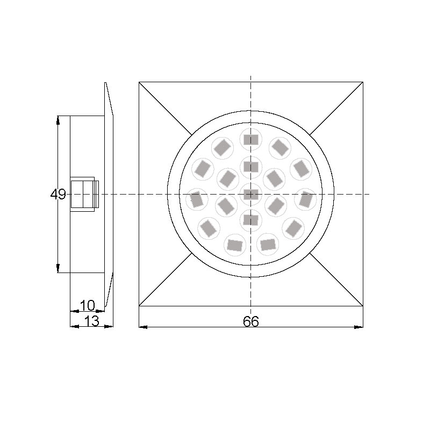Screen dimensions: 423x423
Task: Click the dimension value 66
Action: [x=250, y=321]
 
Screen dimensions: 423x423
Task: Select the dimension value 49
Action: [x=58, y=194]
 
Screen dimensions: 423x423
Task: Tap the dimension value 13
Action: [x=92, y=321]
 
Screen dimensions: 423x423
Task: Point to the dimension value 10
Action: [x=87, y=305]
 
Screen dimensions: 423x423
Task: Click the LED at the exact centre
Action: [x=250, y=193]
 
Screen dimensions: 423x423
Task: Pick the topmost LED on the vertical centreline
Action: [x=250, y=139]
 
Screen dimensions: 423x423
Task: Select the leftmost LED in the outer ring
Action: [x=197, y=199]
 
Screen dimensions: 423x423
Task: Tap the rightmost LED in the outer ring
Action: [x=305, y=199]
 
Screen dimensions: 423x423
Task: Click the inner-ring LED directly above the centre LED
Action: [x=250, y=166]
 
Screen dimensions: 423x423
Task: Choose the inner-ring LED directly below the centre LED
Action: [x=250, y=219]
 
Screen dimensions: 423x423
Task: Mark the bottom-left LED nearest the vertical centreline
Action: [x=234, y=245]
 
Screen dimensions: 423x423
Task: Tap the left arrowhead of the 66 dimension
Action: [x=142, y=326]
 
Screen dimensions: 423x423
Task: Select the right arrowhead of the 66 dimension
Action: [x=360, y=326]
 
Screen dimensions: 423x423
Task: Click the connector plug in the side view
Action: [x=84, y=193]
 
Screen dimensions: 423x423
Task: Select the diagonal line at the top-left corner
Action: [x=165, y=108]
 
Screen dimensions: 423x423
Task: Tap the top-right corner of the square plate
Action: [x=363, y=82]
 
